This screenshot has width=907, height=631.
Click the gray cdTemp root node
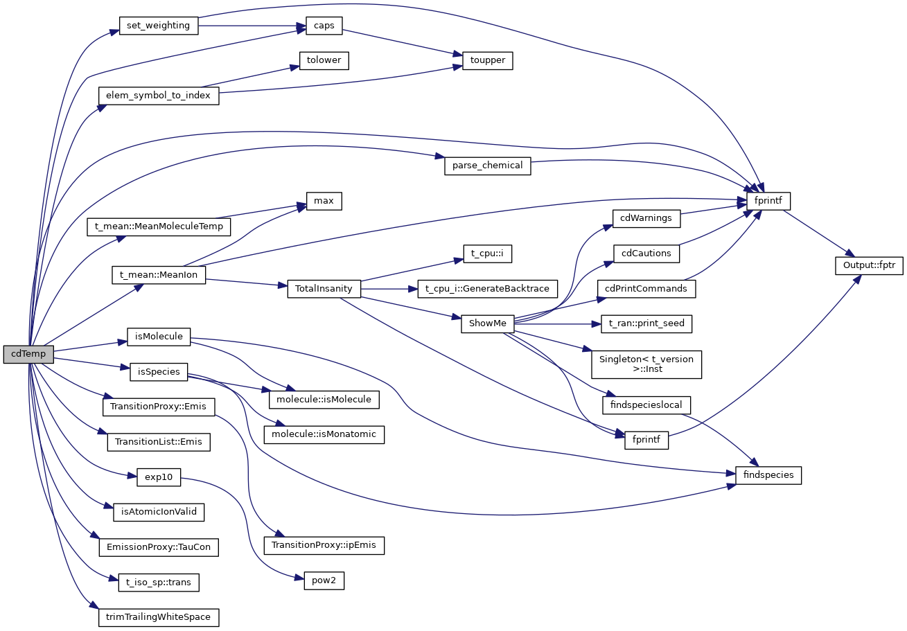[x=28, y=354]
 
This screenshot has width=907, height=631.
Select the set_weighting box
[x=159, y=26]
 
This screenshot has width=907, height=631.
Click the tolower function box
[x=324, y=60]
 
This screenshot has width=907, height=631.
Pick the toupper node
[x=483, y=60]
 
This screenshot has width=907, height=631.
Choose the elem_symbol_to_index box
[x=159, y=95]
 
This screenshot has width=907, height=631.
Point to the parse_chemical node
[x=487, y=166]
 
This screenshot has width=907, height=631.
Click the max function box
[x=324, y=201]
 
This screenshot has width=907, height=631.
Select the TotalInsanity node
[x=324, y=288]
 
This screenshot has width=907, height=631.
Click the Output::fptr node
[x=869, y=265]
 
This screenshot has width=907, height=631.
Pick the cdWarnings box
[x=646, y=218]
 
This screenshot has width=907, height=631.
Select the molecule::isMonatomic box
[x=324, y=434]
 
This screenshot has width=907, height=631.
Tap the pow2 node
[x=324, y=580]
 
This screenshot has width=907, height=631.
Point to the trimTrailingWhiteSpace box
[x=159, y=616]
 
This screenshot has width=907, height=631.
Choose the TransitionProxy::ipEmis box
[x=324, y=545]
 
